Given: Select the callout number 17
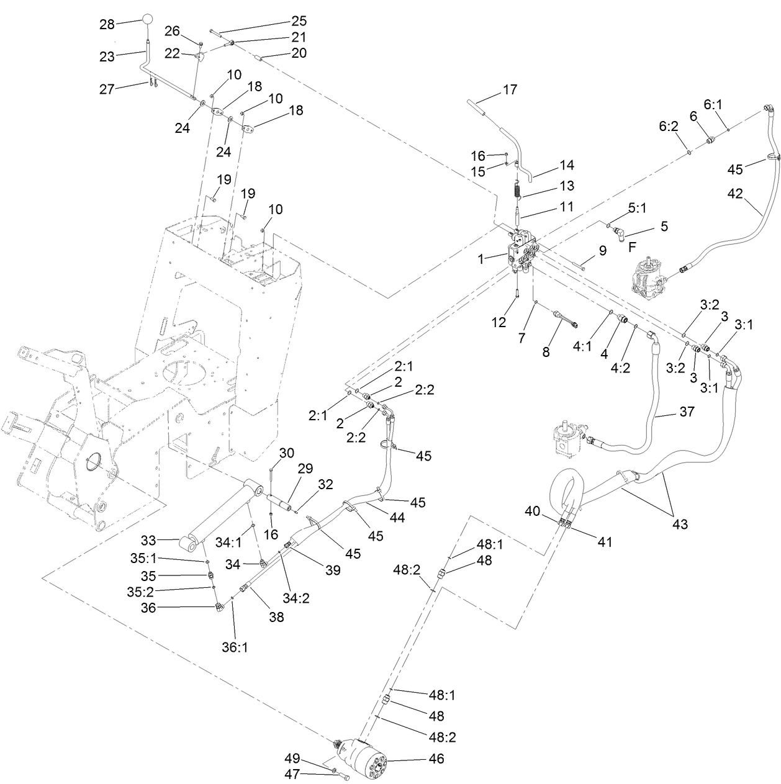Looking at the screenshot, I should [x=510, y=89].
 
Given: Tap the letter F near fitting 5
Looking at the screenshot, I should [x=633, y=246].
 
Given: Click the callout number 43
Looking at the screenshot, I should [x=680, y=524].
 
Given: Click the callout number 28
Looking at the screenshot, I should [x=107, y=24].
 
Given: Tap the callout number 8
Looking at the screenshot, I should [x=546, y=351].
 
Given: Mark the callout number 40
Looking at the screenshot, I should [x=533, y=511].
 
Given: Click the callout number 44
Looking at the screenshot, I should [x=397, y=517].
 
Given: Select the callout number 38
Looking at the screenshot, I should [x=276, y=617].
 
